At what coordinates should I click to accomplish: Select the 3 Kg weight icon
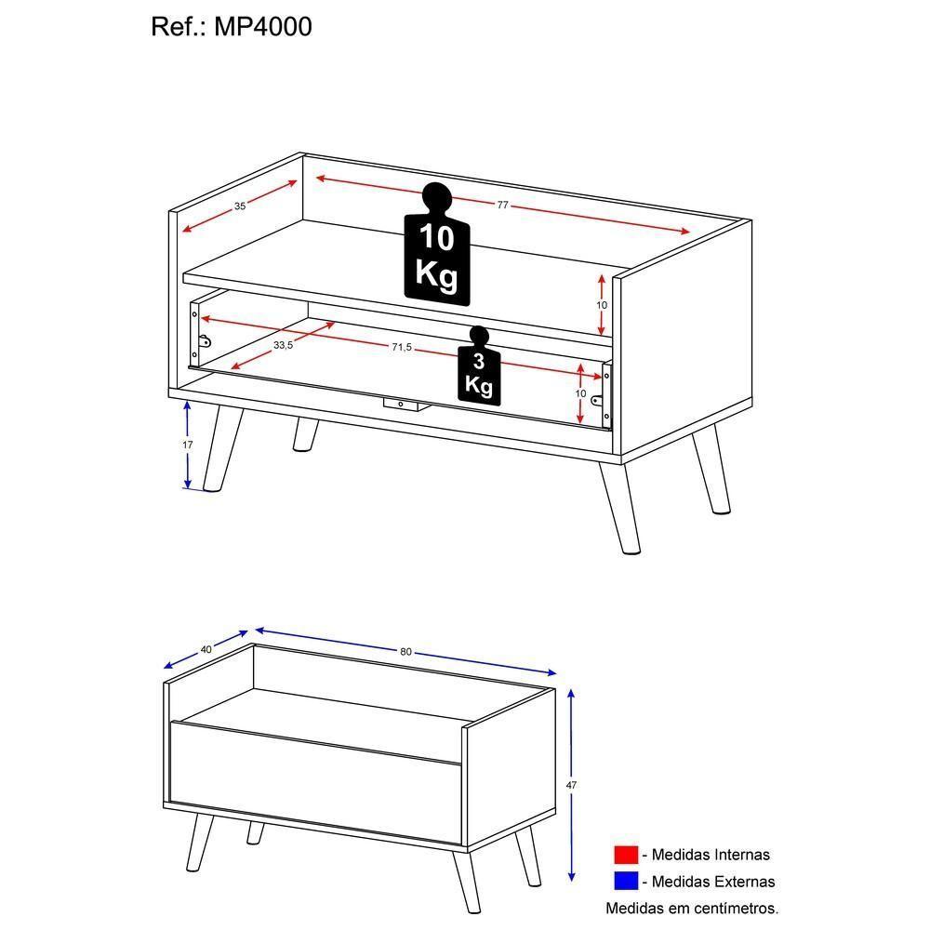coord(479,370)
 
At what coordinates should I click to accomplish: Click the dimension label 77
coord(502,206)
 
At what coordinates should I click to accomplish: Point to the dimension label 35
coord(240,206)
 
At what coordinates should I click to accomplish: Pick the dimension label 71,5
coord(401,348)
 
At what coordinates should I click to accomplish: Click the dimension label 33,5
coord(284,345)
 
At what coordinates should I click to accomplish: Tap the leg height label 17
coord(187,445)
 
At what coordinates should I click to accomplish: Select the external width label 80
coord(405,652)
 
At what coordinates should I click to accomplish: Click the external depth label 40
coord(206,649)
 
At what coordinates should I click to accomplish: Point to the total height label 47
coord(571,786)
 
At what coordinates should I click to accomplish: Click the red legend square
coord(626,855)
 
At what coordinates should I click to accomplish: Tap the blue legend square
coord(626,881)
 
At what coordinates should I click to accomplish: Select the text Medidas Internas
coord(711,855)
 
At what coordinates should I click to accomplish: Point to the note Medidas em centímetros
coord(692,908)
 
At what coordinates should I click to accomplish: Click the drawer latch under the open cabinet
coord(401,405)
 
